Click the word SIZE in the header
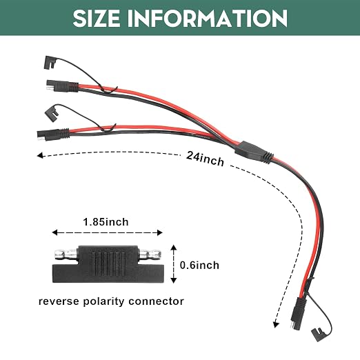[x=97, y=18]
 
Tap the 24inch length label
[x=205, y=159]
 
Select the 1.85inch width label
[x=106, y=222]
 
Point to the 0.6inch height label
[x=199, y=266]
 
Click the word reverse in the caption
[x=59, y=301]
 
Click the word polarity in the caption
[x=104, y=302]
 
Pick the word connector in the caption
[x=156, y=301]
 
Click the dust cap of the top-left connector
[x=50, y=62]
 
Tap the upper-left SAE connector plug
[x=62, y=86]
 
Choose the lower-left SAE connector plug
[x=53, y=134]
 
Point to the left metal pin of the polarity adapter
[x=66, y=254]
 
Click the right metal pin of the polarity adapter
[x=150, y=254]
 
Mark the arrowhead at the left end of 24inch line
[x=40, y=155]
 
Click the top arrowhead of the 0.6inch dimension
[x=174, y=248]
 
